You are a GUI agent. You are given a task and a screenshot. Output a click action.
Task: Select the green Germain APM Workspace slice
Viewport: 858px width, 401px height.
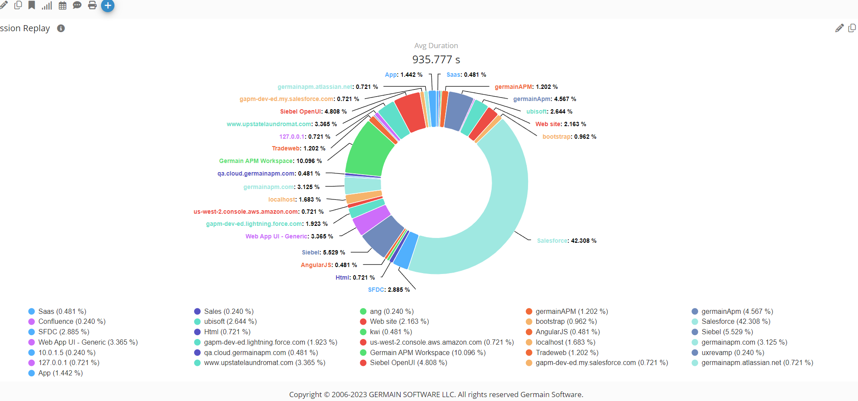coord(369,152)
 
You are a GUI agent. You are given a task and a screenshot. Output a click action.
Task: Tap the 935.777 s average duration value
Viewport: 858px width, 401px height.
coord(436,59)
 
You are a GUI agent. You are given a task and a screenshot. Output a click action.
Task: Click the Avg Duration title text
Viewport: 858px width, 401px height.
coord(436,46)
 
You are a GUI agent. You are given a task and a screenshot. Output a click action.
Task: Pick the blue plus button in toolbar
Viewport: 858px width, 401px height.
coord(108,6)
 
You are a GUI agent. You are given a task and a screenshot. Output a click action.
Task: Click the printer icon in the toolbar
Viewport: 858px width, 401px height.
coord(92,6)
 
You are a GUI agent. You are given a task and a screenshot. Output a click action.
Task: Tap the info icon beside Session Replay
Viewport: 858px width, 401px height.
coord(61,28)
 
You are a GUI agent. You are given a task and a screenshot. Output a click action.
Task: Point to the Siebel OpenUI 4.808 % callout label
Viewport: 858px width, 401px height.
coord(313,111)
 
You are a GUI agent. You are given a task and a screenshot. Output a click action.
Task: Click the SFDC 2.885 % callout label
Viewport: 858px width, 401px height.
coord(388,290)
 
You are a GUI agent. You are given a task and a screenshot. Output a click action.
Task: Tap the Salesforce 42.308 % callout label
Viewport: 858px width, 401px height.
coord(566,241)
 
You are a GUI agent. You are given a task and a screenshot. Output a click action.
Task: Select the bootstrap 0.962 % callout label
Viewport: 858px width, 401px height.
coord(569,137)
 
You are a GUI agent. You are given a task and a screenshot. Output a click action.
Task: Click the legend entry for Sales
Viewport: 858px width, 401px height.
coord(228,312)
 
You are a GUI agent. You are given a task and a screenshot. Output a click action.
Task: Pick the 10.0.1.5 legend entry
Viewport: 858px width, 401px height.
coord(66,353)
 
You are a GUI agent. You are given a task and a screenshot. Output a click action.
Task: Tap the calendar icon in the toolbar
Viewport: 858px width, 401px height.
coord(62,6)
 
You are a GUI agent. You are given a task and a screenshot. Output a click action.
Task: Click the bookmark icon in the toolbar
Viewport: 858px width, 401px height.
coord(32,5)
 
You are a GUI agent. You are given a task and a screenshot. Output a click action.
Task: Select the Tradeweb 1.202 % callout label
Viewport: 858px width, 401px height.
coord(298,148)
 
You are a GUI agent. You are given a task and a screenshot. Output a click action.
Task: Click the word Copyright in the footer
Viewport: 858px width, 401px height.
coord(305,394)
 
